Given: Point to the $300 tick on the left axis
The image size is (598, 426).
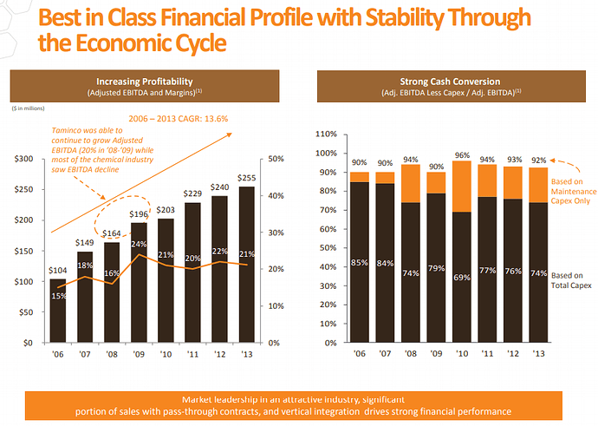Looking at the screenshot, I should click(x=25, y=160).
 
